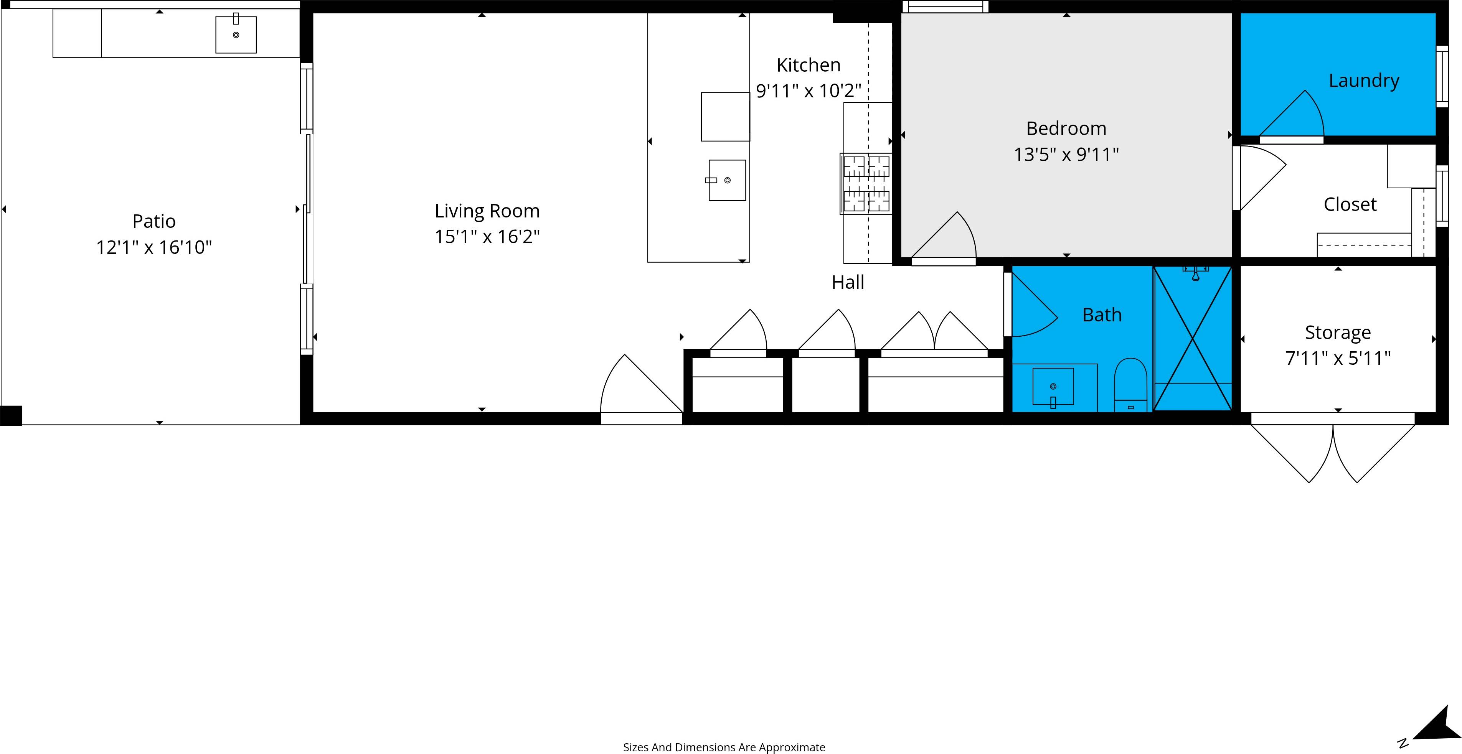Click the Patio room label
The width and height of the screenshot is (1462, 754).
154,221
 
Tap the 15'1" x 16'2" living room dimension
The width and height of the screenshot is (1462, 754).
487,237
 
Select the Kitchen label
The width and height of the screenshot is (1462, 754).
808,65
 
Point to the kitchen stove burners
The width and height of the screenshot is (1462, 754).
866,183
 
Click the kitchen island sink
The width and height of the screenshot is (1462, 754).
727,180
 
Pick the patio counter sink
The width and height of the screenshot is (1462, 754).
236,35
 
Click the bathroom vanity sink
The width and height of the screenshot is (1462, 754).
1053,387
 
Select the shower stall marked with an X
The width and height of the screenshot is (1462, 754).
1192,339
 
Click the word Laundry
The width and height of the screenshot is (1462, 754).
1364,81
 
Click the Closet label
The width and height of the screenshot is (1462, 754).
1350,204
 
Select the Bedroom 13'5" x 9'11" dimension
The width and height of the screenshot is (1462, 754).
1066,154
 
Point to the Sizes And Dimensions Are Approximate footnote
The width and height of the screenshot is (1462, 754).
724,747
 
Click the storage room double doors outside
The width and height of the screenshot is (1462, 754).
1333,451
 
